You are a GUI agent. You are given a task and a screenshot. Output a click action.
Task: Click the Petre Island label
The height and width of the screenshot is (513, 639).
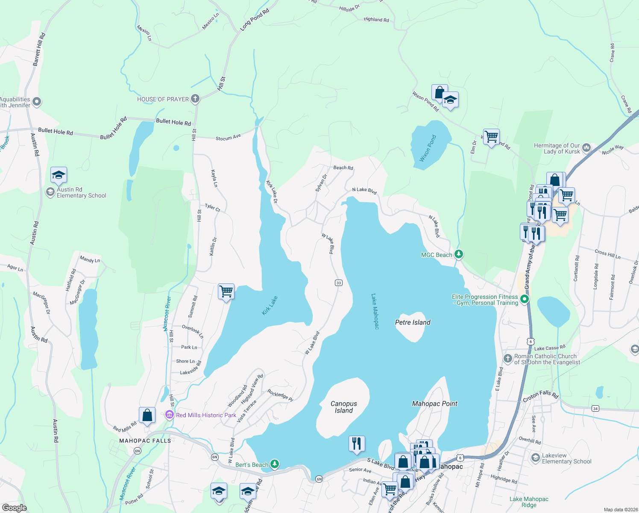(413, 322)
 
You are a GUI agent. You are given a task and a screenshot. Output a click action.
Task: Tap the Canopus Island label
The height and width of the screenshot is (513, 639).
(344, 407)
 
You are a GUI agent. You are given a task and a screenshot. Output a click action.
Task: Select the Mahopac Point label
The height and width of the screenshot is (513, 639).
(434, 404)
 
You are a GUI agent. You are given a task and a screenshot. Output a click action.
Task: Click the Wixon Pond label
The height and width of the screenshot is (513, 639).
(428, 148)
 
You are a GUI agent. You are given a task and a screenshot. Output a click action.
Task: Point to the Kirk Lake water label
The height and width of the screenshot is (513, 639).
(270, 306)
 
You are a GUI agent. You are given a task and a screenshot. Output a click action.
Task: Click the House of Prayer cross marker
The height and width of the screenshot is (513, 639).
(195, 99)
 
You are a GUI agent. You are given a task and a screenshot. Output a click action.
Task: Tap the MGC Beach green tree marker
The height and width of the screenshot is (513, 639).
(459, 255)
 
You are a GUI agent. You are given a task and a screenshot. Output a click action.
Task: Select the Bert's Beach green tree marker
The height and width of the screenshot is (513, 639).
(275, 464)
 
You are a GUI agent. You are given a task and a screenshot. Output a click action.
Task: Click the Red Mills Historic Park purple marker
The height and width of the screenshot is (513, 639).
(170, 415)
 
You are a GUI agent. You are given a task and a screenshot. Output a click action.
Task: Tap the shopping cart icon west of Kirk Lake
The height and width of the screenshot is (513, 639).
(226, 292)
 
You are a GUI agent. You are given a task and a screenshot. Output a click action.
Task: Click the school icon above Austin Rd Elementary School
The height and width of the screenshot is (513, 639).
(59, 175)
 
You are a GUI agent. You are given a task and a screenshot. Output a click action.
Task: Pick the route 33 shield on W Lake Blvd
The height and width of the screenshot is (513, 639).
(339, 283)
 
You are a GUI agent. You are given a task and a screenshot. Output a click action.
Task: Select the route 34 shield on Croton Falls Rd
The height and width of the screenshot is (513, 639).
(595, 409)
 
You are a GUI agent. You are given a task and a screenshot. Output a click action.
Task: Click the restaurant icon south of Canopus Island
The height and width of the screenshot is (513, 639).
(357, 444)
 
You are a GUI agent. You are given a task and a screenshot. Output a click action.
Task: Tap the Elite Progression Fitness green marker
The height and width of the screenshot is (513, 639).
(525, 300)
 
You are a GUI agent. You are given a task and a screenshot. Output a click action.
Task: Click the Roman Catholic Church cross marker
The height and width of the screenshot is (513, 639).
(507, 358)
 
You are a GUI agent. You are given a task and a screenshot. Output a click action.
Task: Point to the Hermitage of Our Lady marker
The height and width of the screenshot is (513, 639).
(586, 148)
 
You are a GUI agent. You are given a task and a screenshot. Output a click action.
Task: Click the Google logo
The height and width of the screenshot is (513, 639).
(14, 508)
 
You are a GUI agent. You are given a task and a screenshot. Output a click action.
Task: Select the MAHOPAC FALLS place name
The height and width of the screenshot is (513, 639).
(145, 441)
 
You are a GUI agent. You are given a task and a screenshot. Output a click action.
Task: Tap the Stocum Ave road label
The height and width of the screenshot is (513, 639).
(228, 138)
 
